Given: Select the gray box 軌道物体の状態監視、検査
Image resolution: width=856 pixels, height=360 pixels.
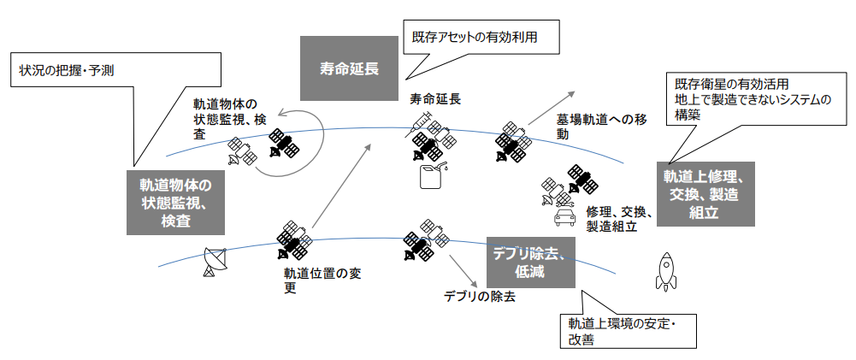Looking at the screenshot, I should coord(174,203).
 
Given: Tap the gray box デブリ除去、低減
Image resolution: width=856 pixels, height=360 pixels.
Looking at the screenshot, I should coord(530,262).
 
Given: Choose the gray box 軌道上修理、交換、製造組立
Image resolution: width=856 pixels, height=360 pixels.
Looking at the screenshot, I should coord(706,195).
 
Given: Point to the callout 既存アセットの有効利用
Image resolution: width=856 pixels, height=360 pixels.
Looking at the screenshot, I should coord(484,38).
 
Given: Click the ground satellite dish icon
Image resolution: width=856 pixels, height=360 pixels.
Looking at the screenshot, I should coord(211,262).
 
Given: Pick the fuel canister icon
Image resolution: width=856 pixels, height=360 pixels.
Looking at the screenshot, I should coord(432,176).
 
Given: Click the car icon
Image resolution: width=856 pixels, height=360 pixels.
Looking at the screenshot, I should coord(564,217).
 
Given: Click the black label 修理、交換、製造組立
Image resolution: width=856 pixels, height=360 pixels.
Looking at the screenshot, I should coord(619,219).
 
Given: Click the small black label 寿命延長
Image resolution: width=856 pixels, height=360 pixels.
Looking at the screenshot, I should coord(435,99).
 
